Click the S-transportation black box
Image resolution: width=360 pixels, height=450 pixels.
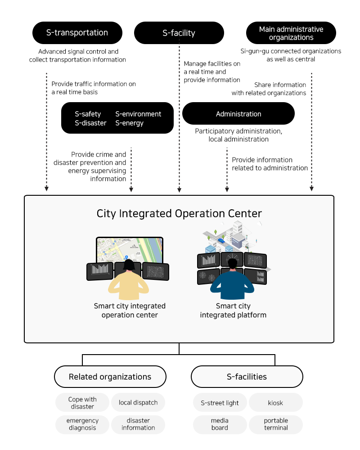click(x=77, y=33)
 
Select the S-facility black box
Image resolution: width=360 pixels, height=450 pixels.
click(x=179, y=33)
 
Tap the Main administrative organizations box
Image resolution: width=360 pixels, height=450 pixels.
click(x=291, y=33)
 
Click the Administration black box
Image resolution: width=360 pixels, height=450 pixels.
click(x=238, y=114)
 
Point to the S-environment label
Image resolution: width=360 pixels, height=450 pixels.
click(x=138, y=114)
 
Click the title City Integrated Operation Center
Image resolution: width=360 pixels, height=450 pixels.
click(x=179, y=213)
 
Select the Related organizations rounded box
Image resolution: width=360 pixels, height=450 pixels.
click(x=110, y=377)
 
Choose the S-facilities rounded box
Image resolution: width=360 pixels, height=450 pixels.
click(x=247, y=377)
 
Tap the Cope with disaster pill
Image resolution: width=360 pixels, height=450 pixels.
click(x=82, y=403)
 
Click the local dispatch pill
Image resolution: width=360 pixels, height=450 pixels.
click(x=138, y=403)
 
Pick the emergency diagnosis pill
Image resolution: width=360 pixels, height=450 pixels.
click(x=82, y=424)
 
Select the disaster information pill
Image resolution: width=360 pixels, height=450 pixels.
click(x=138, y=424)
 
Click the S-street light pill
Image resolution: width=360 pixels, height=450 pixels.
click(x=220, y=403)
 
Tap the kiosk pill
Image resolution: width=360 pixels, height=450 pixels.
click(x=276, y=403)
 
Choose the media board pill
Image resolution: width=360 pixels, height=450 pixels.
click(x=220, y=424)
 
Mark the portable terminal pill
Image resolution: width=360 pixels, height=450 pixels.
click(x=276, y=424)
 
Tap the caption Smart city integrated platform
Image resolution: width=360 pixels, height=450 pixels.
click(x=233, y=310)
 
